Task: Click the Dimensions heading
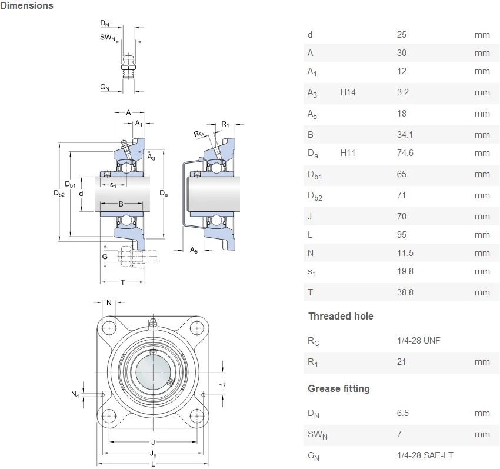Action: [27, 5]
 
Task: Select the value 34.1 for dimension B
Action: [405, 135]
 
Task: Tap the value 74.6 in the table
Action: [405, 153]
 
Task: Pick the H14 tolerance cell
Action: [348, 92]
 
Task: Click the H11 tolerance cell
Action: [348, 153]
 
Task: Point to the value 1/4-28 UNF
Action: [419, 341]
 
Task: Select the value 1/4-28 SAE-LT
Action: [425, 455]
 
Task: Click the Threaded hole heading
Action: [341, 316]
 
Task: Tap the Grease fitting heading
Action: [339, 388]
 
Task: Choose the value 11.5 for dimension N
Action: [405, 253]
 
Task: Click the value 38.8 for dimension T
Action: [405, 292]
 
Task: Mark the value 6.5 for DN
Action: [403, 413]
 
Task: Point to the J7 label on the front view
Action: [222, 384]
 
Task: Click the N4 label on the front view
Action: [75, 394]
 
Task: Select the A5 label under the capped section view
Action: [194, 250]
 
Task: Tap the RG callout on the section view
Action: [198, 134]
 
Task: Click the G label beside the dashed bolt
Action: [105, 257]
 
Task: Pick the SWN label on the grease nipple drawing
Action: [108, 37]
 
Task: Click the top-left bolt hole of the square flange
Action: [109, 328]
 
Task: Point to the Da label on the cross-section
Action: [164, 193]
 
